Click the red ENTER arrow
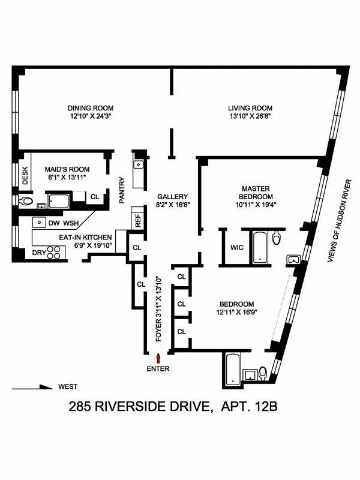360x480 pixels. [x=158, y=358]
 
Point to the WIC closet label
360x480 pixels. [x=236, y=247]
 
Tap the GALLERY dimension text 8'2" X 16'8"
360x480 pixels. [x=173, y=205]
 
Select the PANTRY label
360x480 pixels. [x=122, y=190]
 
